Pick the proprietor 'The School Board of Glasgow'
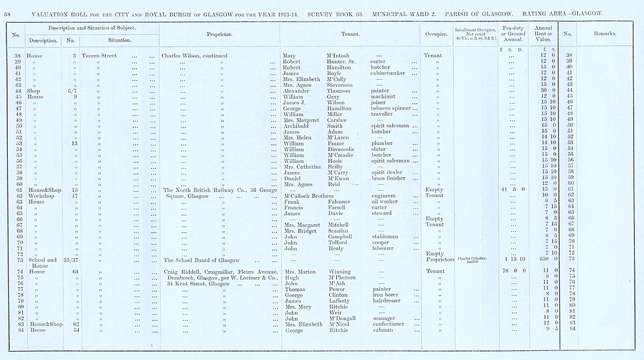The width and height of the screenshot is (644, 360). coord(202,260)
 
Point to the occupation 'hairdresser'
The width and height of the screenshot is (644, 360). coord(390,301)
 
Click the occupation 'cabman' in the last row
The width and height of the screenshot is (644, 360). coord(383,330)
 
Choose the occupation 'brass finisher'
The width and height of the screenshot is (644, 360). coord(392,178)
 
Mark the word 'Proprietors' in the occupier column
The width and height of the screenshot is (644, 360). coord(436,260)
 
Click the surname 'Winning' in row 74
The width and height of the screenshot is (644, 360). coord(339,272)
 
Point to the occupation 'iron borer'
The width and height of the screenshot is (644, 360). coord(386,295)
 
